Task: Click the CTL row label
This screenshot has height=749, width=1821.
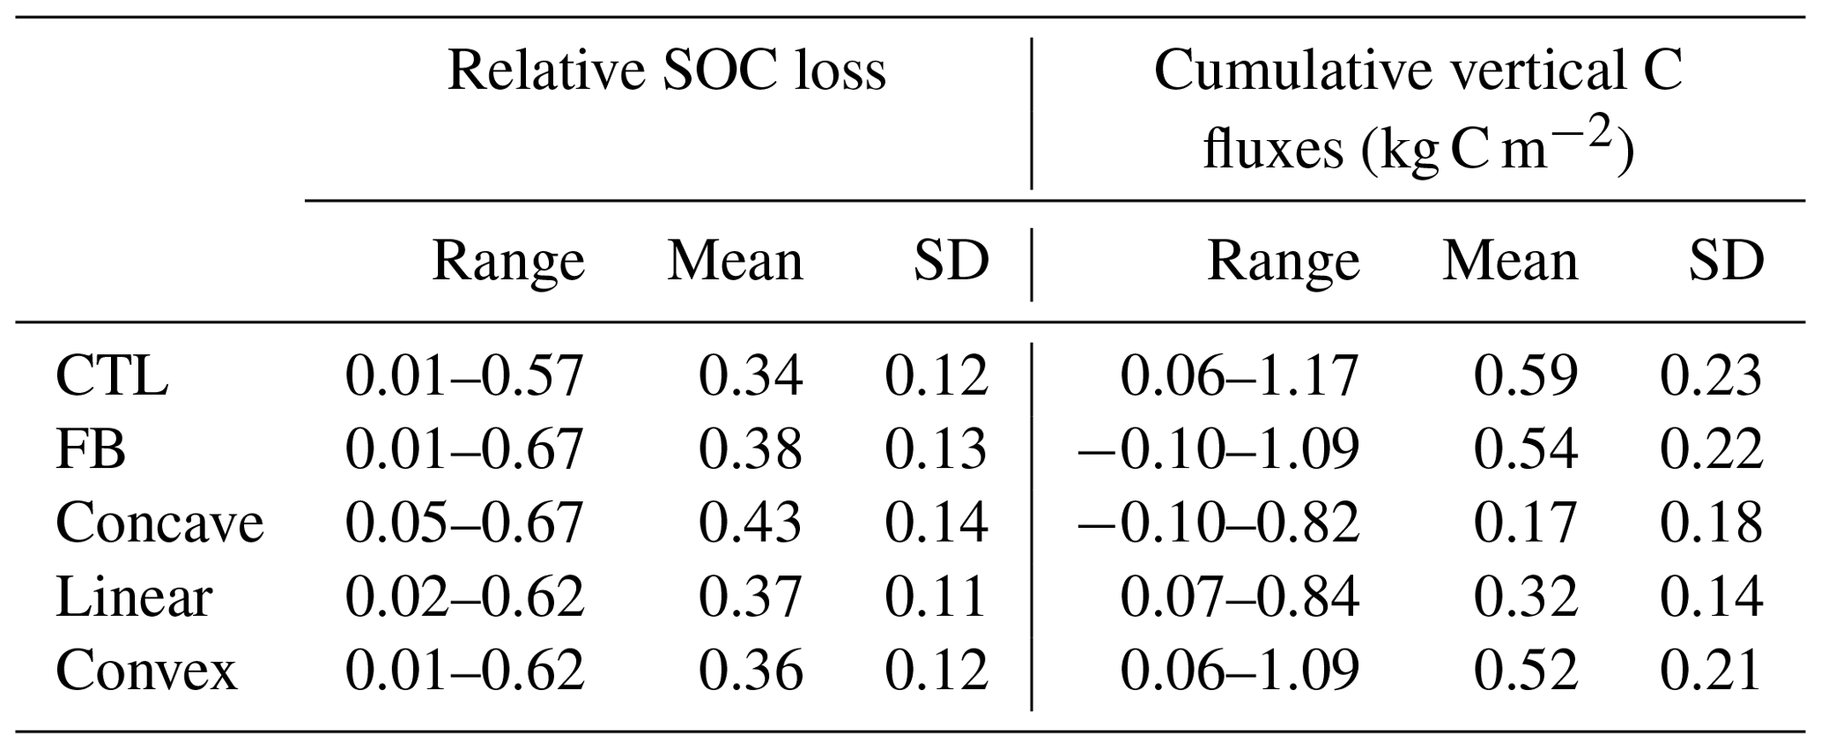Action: coord(112,376)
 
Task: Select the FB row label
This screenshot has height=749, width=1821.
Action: coord(91,449)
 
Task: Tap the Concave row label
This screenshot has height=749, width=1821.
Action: coord(159,523)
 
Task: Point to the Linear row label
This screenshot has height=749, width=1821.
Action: coord(134,597)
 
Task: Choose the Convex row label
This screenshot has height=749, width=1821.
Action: coord(146,671)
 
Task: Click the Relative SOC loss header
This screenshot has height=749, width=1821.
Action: coord(667,71)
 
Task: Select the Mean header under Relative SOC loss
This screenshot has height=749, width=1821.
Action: coord(735,262)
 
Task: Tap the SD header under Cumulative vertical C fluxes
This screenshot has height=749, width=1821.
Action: coord(1726,262)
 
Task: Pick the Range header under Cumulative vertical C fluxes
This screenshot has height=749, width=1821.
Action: coord(1283,262)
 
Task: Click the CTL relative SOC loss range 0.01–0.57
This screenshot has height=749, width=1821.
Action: coord(464,376)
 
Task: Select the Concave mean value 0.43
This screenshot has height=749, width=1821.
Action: coord(750,523)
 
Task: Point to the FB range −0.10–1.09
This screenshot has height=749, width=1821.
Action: coord(1218,449)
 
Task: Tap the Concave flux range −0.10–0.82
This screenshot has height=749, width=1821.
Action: coord(1218,523)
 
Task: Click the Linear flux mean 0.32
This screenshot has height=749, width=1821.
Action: coord(1525,597)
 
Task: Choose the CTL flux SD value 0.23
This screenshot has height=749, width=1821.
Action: coord(1711,376)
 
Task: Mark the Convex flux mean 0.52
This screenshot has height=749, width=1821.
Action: coord(1525,671)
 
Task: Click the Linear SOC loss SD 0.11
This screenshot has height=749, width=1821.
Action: coord(936,597)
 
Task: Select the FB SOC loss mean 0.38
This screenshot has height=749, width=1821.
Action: coord(750,449)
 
